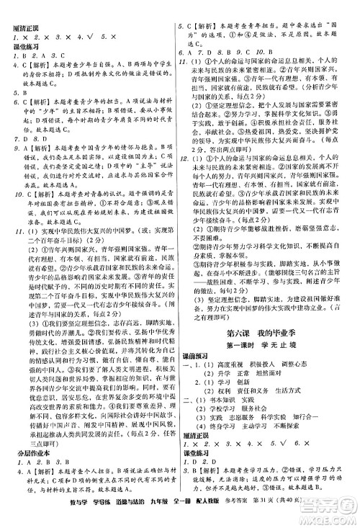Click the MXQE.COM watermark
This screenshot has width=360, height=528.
[317, 508]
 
